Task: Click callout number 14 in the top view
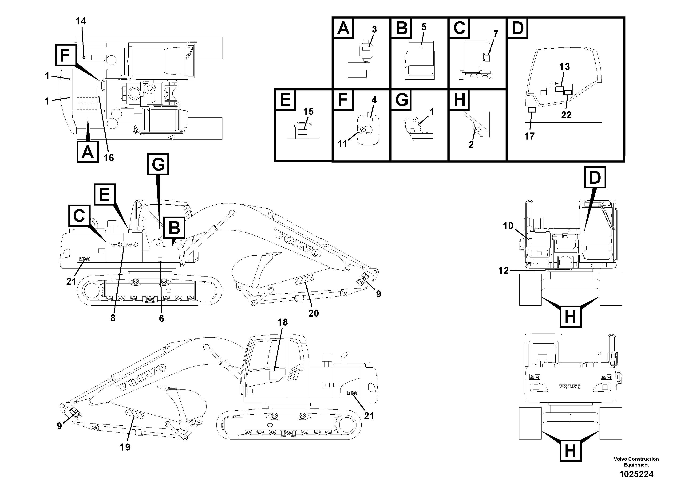[81, 21]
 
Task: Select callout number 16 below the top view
[109, 158]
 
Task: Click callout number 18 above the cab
[282, 322]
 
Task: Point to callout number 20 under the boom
[313, 313]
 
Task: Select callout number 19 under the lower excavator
[125, 447]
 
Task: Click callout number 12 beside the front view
[503, 270]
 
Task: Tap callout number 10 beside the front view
[508, 226]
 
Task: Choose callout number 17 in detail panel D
[529, 136]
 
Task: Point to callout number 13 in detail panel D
[564, 67]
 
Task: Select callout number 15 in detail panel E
[308, 112]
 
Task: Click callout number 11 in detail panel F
[342, 144]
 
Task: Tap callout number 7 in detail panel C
[496, 34]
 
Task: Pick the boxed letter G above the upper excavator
[158, 164]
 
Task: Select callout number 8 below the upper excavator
[113, 318]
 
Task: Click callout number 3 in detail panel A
[374, 30]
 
